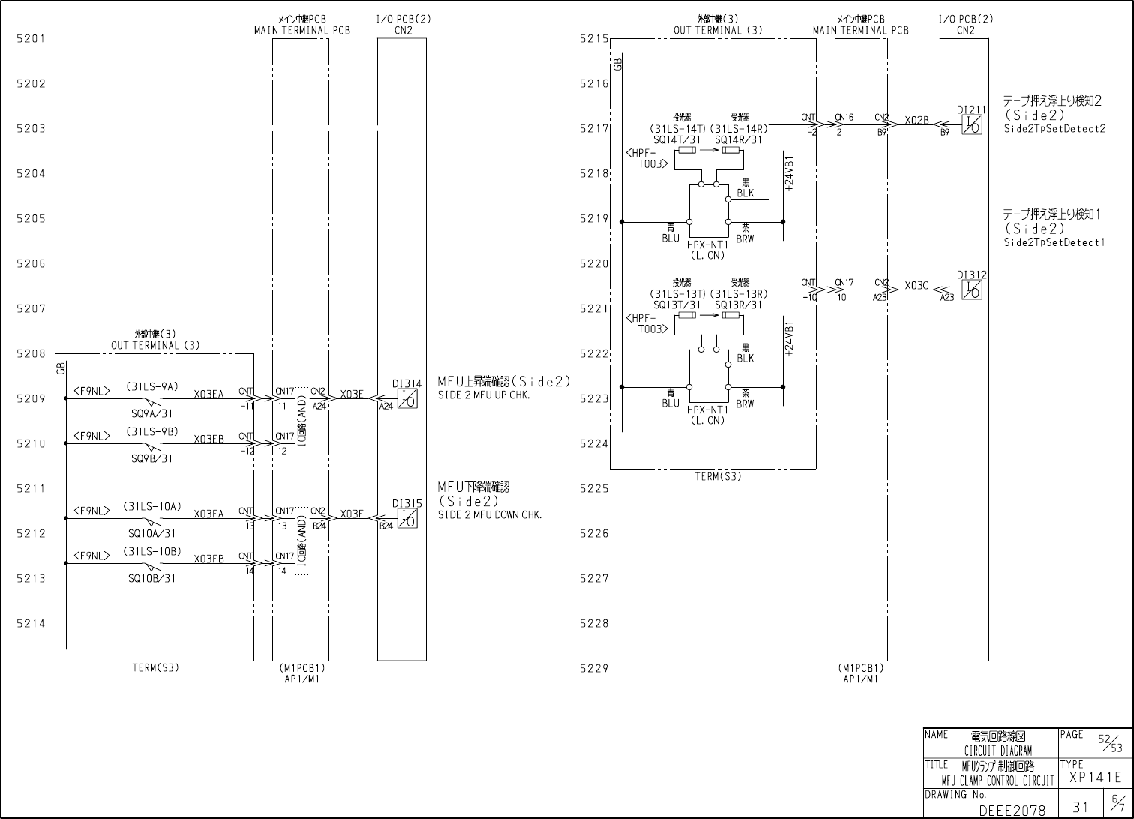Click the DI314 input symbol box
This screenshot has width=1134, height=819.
pos(407,398)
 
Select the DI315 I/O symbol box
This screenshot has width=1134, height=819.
pos(407,518)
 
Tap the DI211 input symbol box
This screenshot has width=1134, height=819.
pos(972,124)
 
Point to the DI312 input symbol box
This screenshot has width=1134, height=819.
pos(972,290)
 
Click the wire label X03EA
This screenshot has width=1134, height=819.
pos(208,394)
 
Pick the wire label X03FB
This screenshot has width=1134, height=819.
pos(208,559)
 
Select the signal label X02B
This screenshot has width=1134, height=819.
pos(916,120)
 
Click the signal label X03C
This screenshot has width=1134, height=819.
pos(916,286)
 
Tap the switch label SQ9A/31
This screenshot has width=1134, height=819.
pos(152,413)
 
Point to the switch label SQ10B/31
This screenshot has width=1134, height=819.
pos(152,578)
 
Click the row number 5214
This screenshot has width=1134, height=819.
pos(31,623)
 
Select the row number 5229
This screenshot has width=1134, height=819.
pos(594,668)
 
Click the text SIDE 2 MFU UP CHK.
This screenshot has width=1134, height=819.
pos(484,395)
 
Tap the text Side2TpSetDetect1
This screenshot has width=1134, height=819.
pos(1054,242)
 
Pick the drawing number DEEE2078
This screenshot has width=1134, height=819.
pos(1012,811)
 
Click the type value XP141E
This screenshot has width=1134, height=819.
pos(1096,778)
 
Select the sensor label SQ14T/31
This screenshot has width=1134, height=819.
pos(677,139)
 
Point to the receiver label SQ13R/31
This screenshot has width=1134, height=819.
pos(739,304)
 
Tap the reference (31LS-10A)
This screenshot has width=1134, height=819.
pos(152,507)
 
